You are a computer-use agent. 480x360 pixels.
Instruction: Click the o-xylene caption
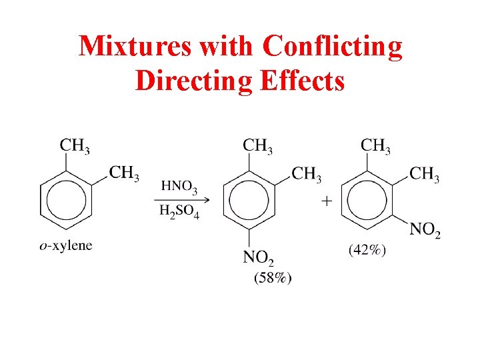(66, 245)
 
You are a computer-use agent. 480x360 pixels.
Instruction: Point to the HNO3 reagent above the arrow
(179, 187)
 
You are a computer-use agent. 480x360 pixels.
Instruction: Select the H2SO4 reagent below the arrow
(179, 211)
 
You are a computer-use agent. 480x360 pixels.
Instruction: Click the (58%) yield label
(272, 278)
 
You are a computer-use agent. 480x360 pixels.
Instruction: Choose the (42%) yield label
(367, 251)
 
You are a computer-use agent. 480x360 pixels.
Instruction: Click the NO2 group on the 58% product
(259, 258)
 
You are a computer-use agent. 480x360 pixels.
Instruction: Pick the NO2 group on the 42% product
(425, 230)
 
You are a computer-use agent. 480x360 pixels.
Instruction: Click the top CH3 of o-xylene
(75, 145)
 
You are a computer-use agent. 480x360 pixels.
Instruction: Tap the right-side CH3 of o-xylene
(124, 173)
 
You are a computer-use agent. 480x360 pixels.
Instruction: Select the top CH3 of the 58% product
(257, 145)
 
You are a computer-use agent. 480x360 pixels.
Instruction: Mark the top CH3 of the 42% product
(375, 145)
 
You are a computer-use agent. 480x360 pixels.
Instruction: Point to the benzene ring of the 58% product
(249, 200)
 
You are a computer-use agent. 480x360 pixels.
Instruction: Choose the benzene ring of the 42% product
(367, 200)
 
